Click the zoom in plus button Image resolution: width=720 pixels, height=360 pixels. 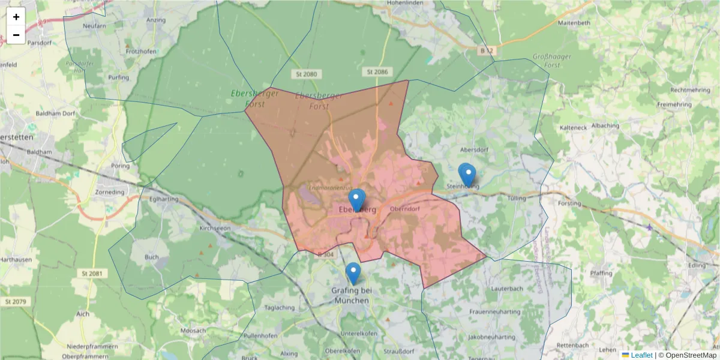[x=16, y=17]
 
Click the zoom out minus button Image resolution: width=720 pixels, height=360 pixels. [x=16, y=35]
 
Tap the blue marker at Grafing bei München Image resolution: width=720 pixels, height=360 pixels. [x=353, y=273]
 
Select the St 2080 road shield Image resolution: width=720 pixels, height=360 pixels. [x=306, y=74]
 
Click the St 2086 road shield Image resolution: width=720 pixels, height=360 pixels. [x=377, y=72]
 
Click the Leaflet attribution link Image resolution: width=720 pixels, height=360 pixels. [x=641, y=355]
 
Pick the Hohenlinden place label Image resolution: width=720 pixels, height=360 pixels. [x=409, y=2]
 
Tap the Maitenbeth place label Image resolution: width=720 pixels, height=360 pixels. [x=574, y=23]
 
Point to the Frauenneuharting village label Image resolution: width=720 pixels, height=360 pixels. [x=495, y=312]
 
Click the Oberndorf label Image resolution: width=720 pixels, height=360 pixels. [x=403, y=209]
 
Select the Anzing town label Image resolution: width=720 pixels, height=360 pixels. [x=155, y=20]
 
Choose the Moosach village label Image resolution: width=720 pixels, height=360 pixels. [x=193, y=331]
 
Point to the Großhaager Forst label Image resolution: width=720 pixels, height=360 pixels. [x=552, y=61]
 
